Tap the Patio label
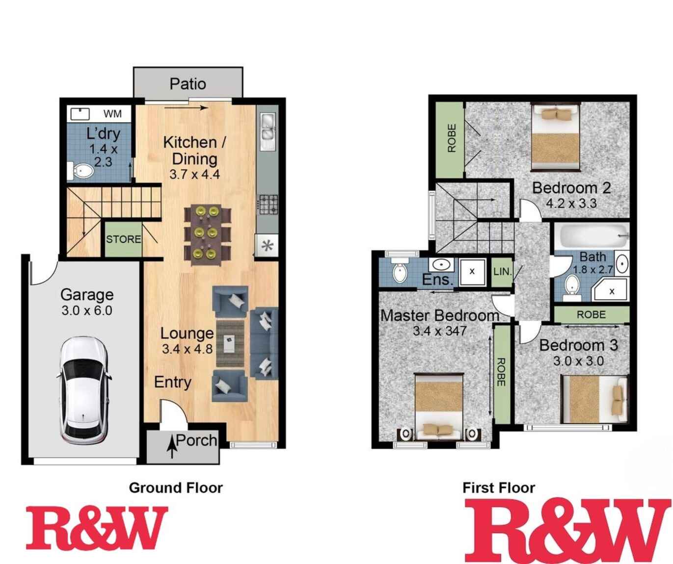[188, 84]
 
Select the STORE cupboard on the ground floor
[123, 239]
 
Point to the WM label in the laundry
[112, 114]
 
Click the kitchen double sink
[268, 127]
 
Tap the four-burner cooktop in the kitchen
[269, 205]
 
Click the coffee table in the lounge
[230, 343]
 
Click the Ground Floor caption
[176, 488]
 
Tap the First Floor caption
[499, 488]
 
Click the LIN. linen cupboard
[502, 271]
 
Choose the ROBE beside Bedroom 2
[451, 139]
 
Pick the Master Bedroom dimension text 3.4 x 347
[439, 331]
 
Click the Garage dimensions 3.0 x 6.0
[87, 310]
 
